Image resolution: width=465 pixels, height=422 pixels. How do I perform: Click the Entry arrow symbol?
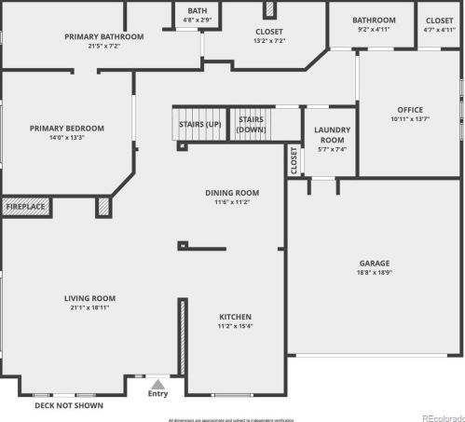[157, 383]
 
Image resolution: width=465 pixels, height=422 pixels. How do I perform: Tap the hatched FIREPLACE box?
[25, 206]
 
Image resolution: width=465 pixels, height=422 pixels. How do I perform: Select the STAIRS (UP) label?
[200, 124]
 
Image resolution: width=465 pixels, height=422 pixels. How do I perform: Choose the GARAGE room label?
[375, 264]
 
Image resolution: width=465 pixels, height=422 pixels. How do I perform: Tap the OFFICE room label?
[410, 110]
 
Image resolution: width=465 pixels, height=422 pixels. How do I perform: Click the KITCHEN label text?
[235, 317]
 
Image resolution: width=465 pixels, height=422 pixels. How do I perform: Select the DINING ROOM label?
[231, 193]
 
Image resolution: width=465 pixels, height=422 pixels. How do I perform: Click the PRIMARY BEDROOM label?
[66, 129]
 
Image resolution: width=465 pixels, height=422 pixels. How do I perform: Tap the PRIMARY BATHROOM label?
[103, 37]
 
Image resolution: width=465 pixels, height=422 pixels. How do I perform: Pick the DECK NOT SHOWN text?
[69, 405]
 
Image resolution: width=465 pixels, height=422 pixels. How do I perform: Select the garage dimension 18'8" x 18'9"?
[375, 273]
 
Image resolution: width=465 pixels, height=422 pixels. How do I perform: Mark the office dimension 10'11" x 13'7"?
[410, 119]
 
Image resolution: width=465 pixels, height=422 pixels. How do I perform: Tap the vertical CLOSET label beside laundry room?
[294, 161]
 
